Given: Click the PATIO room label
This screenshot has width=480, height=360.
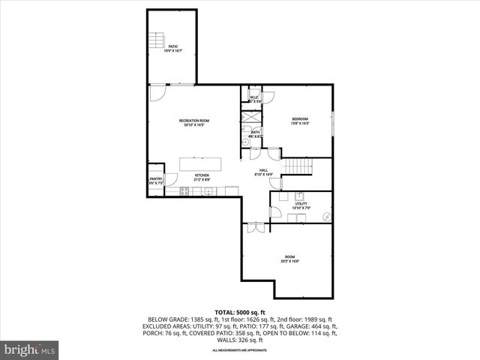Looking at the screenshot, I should pos(172,46).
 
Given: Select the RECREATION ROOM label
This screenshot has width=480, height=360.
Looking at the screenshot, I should pos(193,121).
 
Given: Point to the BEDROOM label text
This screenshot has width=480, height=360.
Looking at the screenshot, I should pos(300,119).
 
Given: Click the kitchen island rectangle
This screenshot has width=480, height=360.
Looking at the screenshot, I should pos(200,164).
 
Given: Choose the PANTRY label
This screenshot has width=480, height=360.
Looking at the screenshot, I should pos(156,178).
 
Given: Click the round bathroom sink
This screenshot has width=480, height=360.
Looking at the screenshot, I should pos(246,142).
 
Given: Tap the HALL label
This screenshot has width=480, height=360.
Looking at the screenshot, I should pos(264,170).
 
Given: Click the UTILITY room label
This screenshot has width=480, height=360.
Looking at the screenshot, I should pos(301,203).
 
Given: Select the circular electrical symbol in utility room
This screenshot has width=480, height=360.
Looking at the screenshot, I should pos(325,216).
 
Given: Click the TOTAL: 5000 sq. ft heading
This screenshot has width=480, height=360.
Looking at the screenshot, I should pos(240,311).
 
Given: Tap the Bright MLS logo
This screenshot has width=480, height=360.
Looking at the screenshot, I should pos(30,349).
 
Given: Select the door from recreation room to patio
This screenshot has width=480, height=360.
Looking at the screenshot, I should pos(157,94).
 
